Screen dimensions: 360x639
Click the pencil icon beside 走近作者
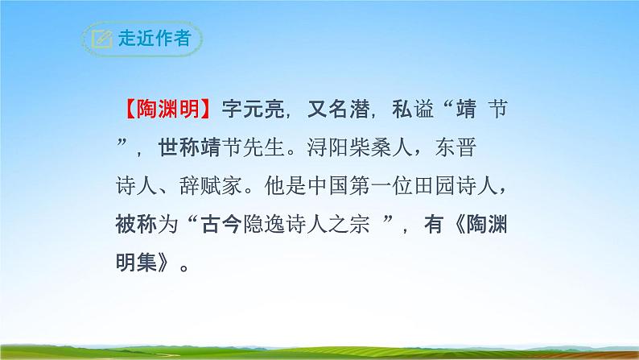pos(101,38)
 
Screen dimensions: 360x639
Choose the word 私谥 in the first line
pos(410,107)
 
